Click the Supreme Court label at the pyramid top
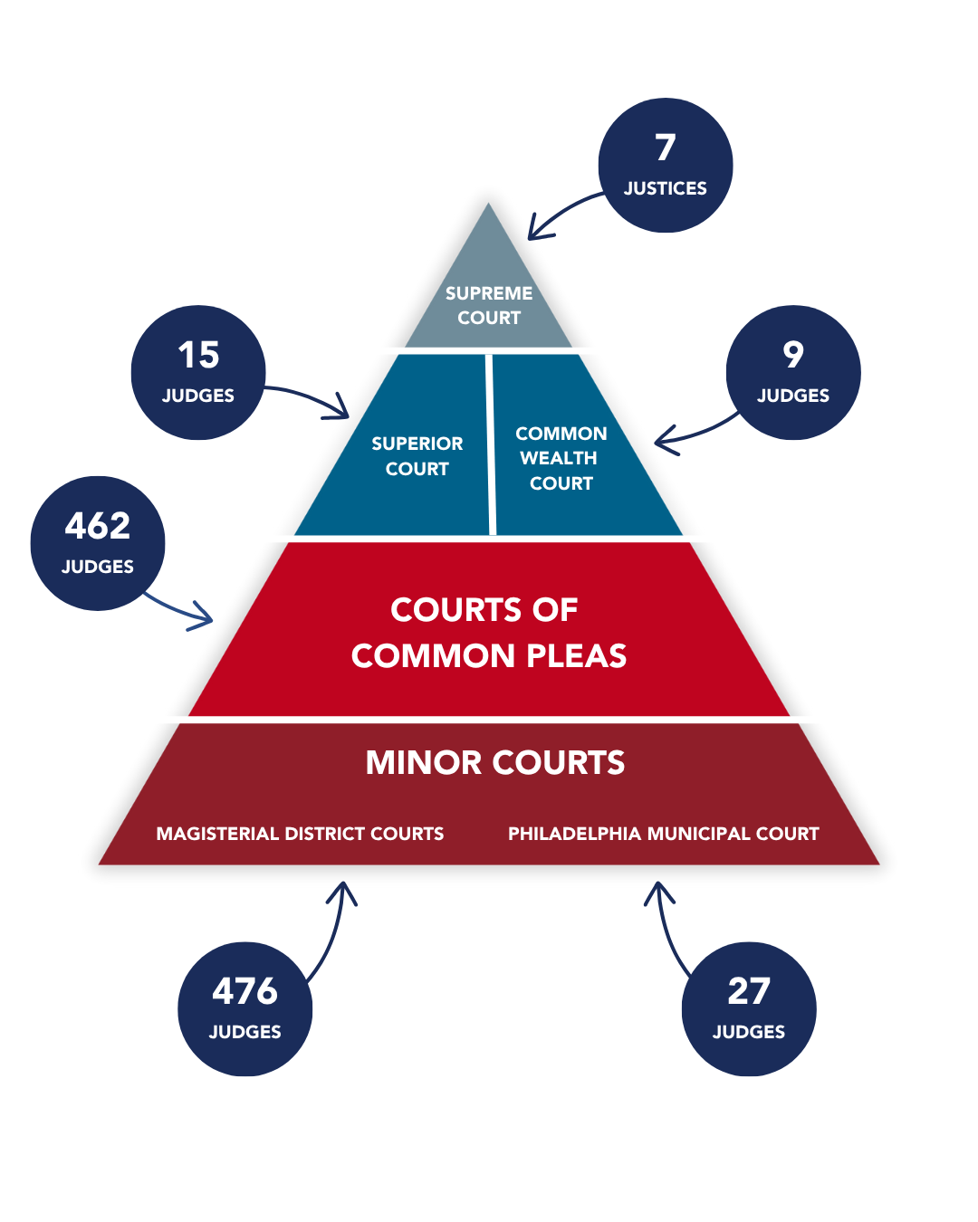pos(489,305)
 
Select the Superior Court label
pos(417,456)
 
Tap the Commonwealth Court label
pos(561,458)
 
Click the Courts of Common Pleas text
pos(488,632)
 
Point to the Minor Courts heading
pos(494,762)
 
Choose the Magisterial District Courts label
pos(300,834)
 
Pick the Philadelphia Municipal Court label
pos(663,834)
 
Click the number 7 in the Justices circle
pos(666,148)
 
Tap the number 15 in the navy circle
pos(198,355)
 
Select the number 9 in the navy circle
pos(793,354)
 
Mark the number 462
pos(98,526)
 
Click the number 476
pos(244,991)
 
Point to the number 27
pos(749,991)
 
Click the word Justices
pos(666,188)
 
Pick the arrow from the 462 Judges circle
pos(181,612)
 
